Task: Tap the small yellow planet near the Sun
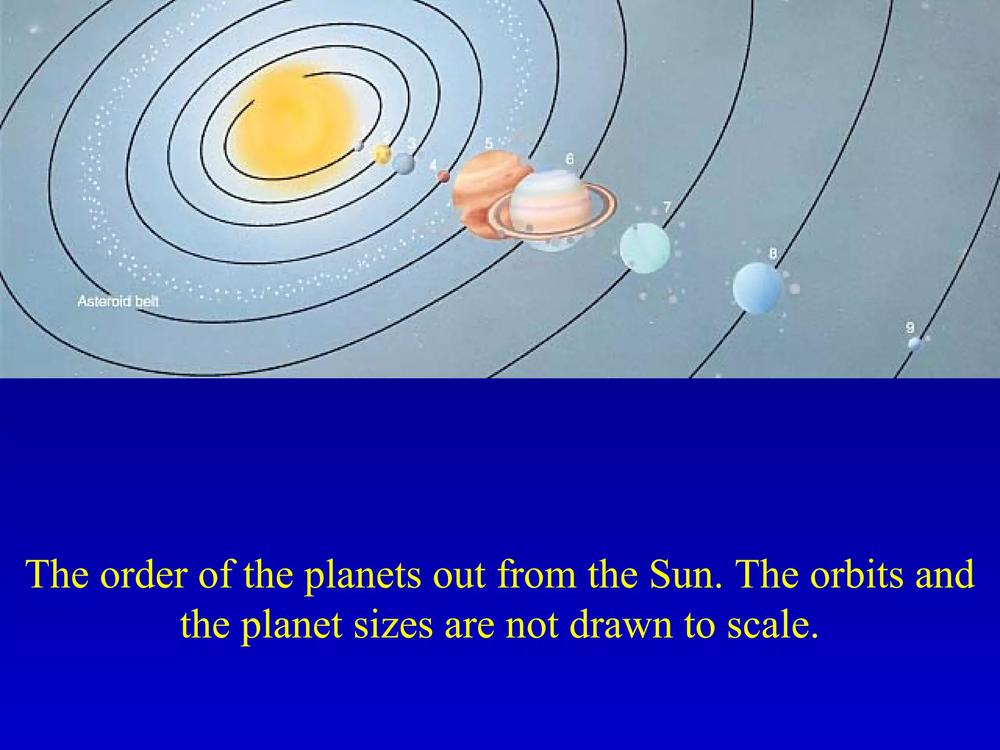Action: coord(382,155)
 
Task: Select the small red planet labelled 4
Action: coord(443,176)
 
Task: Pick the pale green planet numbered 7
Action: coord(645,247)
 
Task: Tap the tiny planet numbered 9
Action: coord(914,344)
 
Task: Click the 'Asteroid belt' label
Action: coord(118,301)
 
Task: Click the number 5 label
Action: coord(489,143)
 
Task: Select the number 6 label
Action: coord(569,159)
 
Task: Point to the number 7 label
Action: coord(667,207)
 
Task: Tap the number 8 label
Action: coord(773,253)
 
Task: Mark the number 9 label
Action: coord(910,328)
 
